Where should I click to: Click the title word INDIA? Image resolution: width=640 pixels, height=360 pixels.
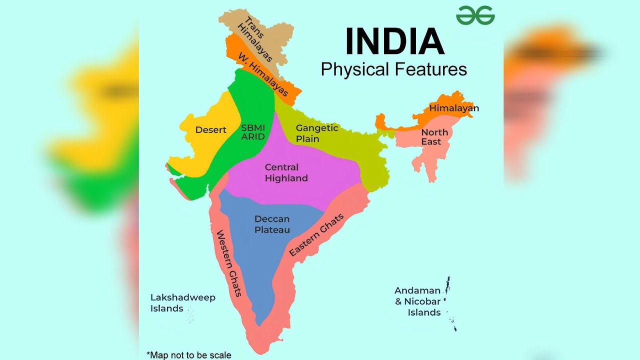394,41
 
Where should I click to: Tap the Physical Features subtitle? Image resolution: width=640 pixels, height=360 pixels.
393,69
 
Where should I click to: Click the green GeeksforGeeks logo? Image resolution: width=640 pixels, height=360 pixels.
475,15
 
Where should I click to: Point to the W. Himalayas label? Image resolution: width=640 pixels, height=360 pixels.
263,74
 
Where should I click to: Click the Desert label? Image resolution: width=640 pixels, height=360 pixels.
210,130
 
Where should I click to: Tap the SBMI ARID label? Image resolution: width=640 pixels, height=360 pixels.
253,132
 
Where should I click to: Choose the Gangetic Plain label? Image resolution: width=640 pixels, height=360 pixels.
316,133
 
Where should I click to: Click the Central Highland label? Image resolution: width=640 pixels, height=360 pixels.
286,172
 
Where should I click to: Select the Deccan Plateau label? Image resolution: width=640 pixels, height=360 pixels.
272,224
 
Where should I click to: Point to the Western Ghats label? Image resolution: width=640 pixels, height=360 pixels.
228,263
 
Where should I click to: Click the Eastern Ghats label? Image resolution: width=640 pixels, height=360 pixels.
316,235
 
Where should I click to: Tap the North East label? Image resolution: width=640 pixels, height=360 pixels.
433,137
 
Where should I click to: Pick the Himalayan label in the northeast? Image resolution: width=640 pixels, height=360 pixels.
454,108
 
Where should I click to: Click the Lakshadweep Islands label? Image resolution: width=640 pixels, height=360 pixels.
182,303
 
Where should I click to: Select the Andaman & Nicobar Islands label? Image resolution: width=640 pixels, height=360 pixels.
417,301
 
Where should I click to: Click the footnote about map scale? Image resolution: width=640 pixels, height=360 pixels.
189,355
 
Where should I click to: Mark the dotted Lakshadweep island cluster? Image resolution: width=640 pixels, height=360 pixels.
190,315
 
